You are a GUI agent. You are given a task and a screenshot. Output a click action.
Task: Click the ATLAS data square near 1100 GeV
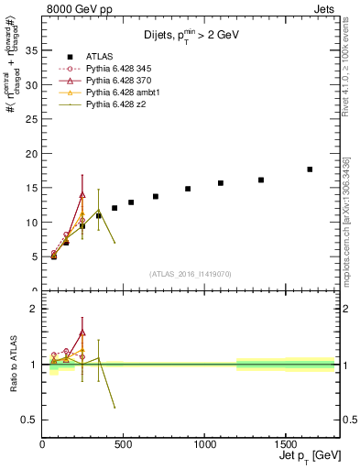[221, 183]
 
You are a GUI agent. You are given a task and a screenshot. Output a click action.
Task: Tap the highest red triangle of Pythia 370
[82, 194]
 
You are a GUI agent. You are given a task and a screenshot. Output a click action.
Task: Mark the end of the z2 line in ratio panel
[115, 407]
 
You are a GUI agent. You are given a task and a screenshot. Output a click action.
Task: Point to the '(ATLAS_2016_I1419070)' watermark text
[190, 273]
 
